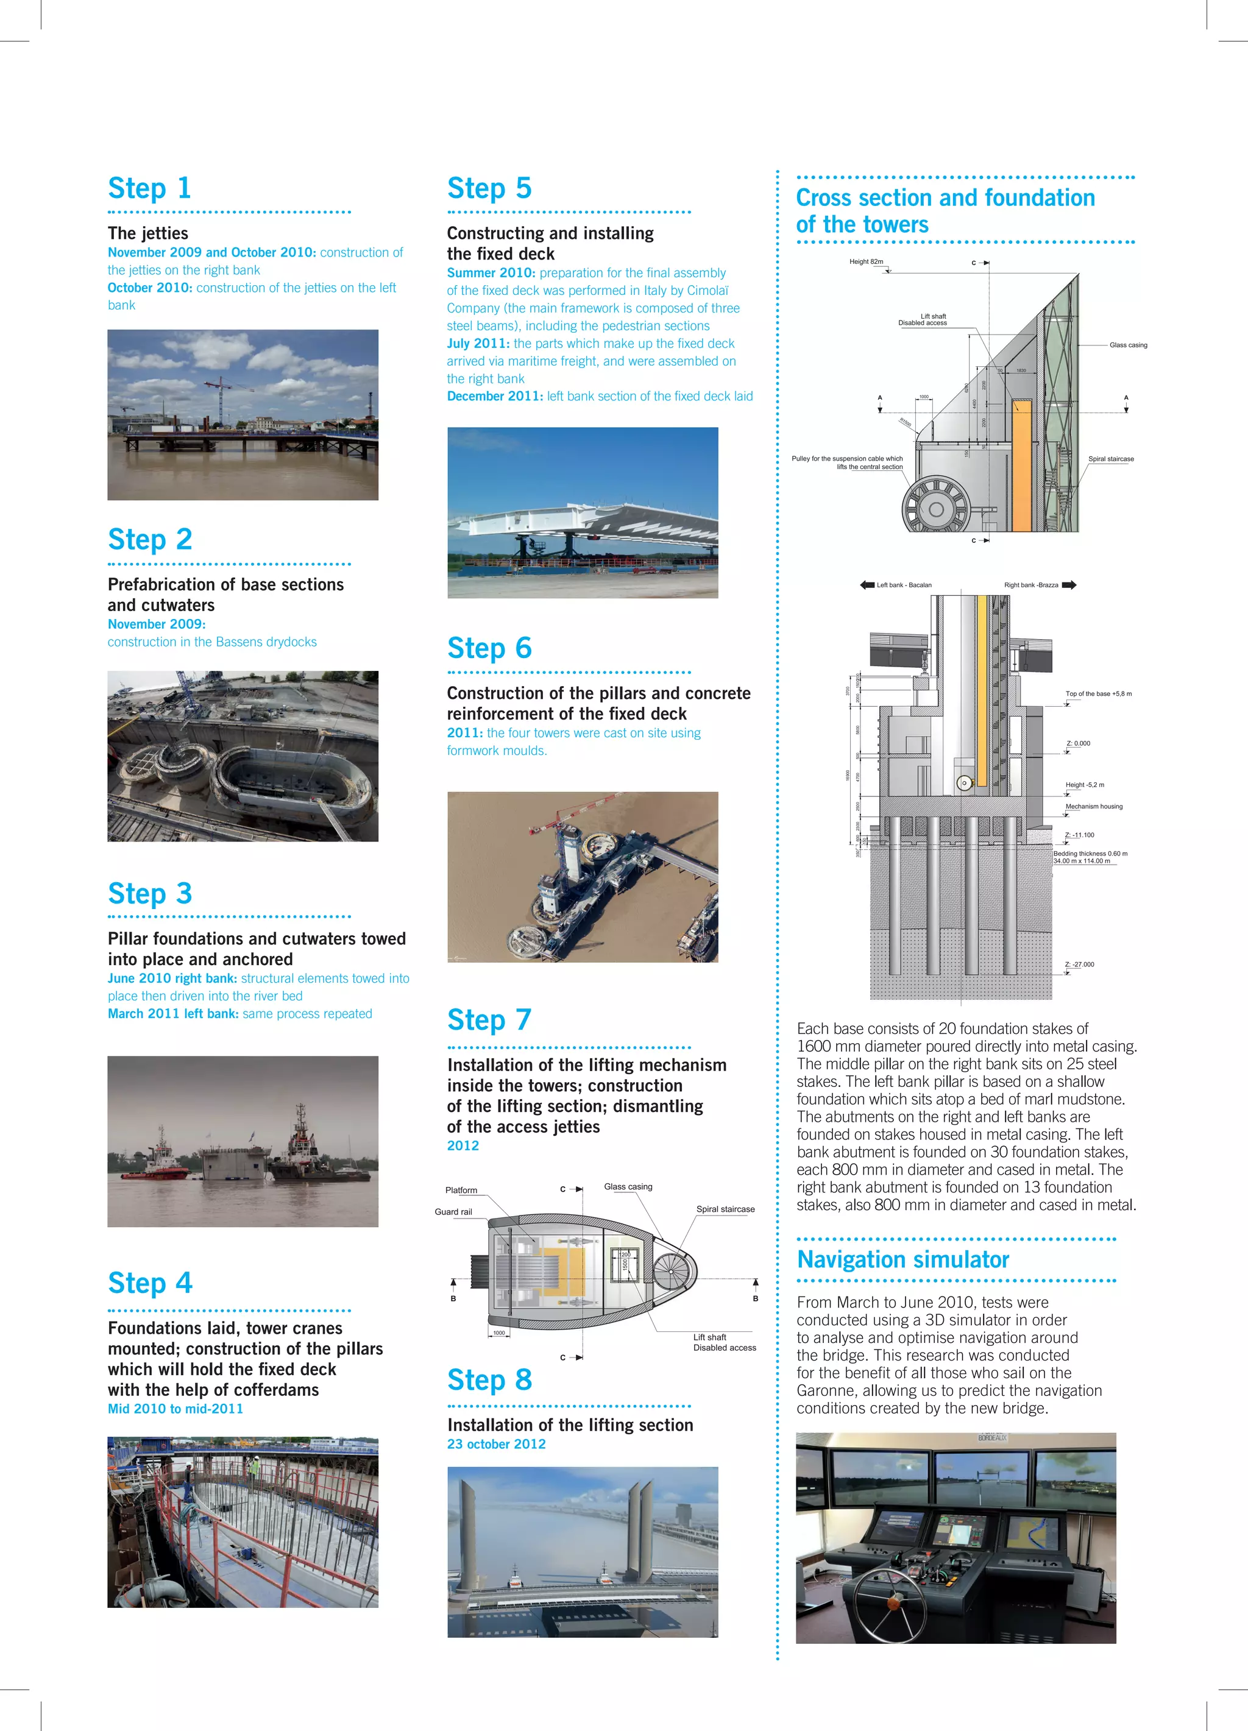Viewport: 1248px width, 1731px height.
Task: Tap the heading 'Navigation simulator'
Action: tap(902, 1259)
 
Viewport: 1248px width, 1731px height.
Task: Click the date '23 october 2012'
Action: tap(496, 1444)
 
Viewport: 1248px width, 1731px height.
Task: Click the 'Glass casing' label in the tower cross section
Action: tap(1127, 345)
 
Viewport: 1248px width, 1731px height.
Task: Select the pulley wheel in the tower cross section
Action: tap(936, 508)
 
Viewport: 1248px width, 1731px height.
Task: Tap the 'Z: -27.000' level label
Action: tap(1079, 964)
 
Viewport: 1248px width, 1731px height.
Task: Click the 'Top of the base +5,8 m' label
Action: tap(1097, 694)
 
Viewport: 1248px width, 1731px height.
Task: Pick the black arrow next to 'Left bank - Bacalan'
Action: tap(867, 586)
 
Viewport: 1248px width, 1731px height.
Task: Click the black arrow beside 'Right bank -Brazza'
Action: tap(1069, 586)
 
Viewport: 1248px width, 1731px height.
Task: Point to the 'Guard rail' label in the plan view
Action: tap(453, 1212)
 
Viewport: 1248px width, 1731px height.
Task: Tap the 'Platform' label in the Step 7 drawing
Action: tap(461, 1191)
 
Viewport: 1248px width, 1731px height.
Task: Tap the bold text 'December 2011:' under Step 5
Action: tap(495, 396)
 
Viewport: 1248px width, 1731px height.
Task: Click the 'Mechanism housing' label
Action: tap(1093, 806)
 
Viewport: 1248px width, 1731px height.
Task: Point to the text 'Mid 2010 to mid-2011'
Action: tap(175, 1409)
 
